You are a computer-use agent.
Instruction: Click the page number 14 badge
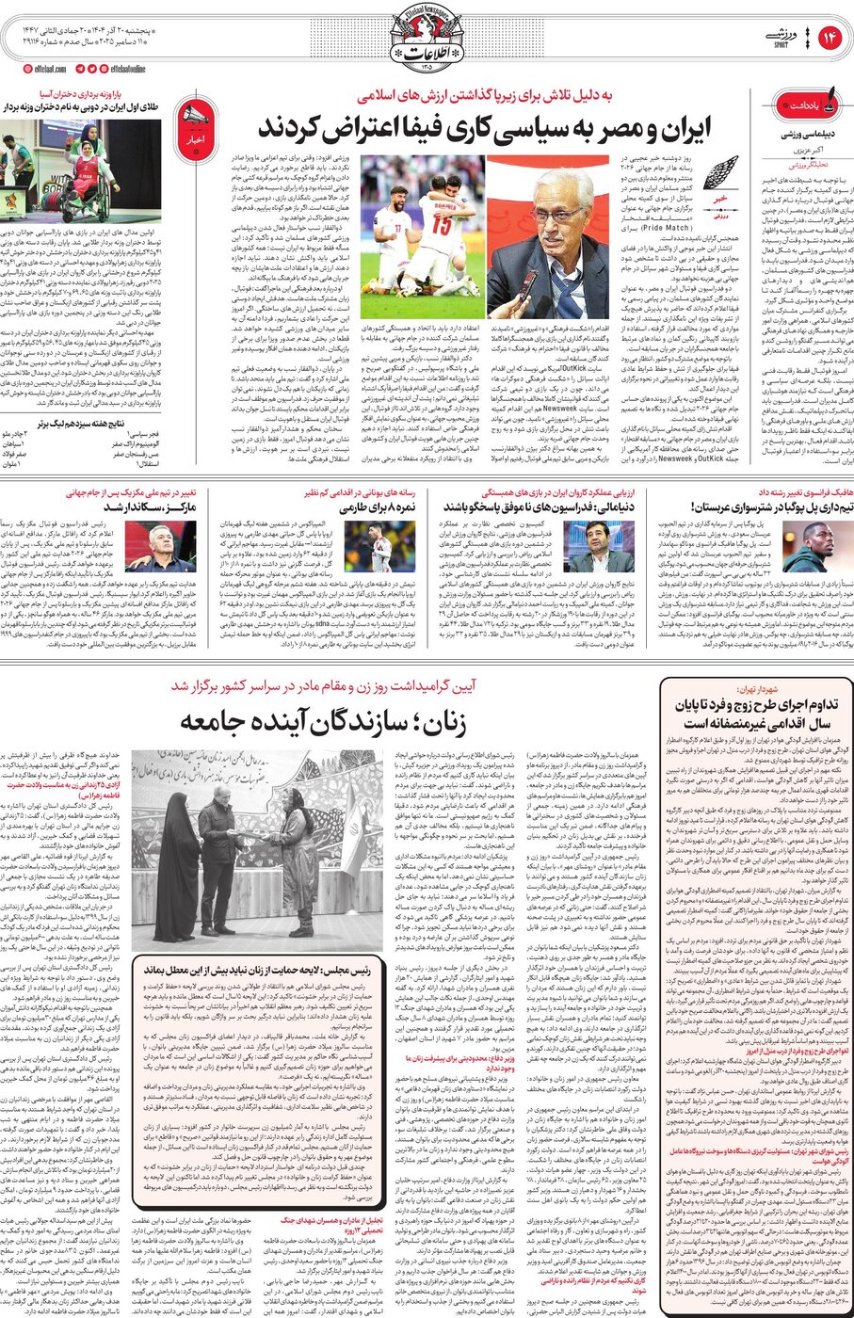[830, 38]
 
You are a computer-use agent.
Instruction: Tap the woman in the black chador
[177, 876]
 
